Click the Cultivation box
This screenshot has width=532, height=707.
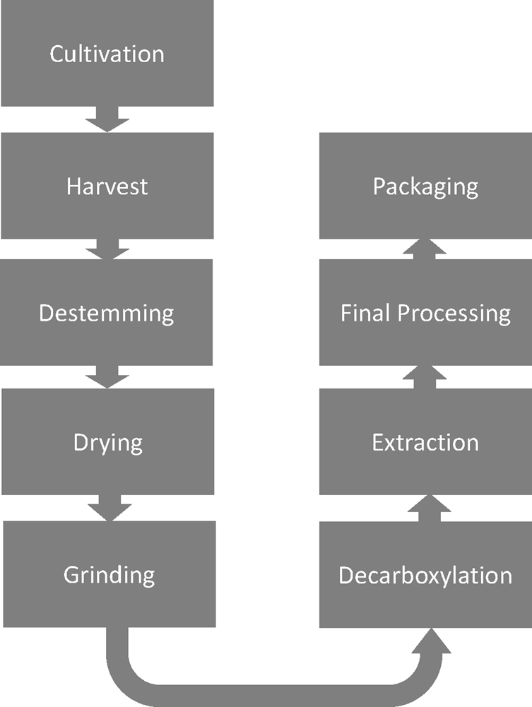pos(107,54)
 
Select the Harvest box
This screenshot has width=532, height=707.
pos(107,186)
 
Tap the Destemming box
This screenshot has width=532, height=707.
pos(107,312)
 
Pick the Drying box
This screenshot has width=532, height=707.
pos(107,442)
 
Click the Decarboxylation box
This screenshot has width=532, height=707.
pos(425,574)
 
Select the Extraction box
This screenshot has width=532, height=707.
pos(425,442)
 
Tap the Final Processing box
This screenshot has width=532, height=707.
pos(425,312)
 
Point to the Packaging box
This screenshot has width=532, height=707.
pos(425,186)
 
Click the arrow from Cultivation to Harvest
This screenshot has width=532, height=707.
pos(107,121)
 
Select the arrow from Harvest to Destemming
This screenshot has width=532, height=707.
pos(107,249)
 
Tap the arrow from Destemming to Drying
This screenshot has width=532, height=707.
pos(107,377)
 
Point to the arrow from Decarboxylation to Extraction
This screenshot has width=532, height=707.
pos(425,508)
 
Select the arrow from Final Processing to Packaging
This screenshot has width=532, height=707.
pos(425,249)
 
